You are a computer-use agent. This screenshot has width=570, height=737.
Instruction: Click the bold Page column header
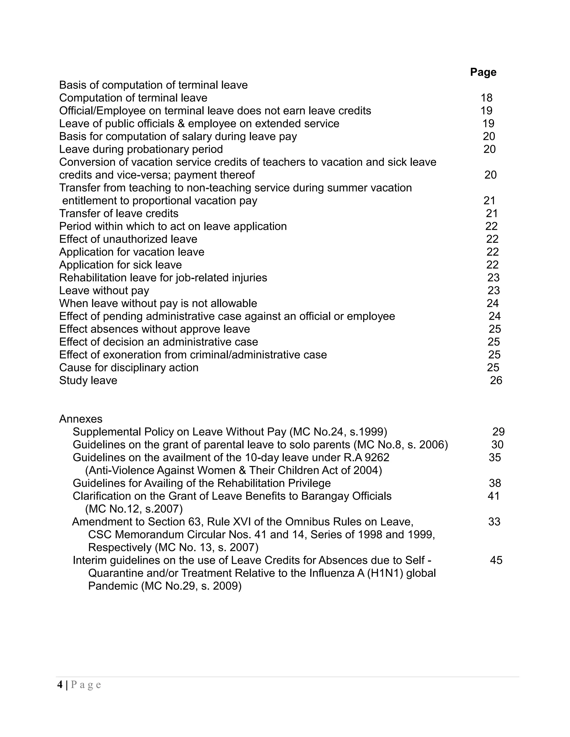pos(483,72)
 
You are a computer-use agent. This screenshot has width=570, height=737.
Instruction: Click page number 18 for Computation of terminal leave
pos(486,98)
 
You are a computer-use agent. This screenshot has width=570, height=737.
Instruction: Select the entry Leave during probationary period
pos(141,149)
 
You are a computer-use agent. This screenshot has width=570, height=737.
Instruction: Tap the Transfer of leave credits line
pos(119,213)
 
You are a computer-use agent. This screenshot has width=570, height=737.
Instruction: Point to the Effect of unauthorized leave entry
pos(128,239)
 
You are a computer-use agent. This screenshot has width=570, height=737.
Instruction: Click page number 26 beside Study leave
pos(496,380)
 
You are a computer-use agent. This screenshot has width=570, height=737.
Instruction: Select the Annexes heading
pos(81,419)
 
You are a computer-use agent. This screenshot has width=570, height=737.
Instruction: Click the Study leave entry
pos(88,380)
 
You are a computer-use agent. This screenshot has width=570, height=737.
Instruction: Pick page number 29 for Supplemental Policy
pos(498,432)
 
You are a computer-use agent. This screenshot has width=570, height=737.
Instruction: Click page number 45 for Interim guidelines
pos(496,560)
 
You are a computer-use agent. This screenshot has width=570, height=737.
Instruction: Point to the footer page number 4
pos(60,685)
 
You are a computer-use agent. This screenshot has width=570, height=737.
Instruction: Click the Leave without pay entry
pos(104,291)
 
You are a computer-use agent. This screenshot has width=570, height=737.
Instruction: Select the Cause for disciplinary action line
pos(129,367)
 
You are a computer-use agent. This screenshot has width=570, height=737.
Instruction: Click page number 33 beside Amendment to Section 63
pos(494,522)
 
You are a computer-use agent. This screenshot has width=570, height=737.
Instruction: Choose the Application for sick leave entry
pos(120,265)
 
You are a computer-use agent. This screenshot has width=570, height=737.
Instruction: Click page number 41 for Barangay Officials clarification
pos(493,496)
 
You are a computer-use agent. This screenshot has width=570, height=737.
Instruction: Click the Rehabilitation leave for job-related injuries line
pos(163,278)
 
